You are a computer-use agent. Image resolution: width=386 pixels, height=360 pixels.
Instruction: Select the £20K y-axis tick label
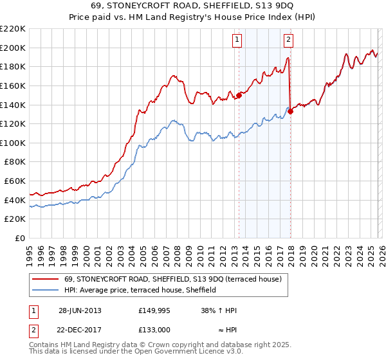tap(15, 219)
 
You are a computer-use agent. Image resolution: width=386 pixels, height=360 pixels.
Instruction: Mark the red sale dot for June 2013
tap(239, 95)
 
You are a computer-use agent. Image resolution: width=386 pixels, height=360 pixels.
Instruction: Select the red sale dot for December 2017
tap(291, 111)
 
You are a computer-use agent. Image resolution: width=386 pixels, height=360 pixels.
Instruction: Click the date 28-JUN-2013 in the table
tap(80, 310)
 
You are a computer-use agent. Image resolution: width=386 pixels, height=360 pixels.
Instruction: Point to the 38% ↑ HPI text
tap(219, 310)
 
